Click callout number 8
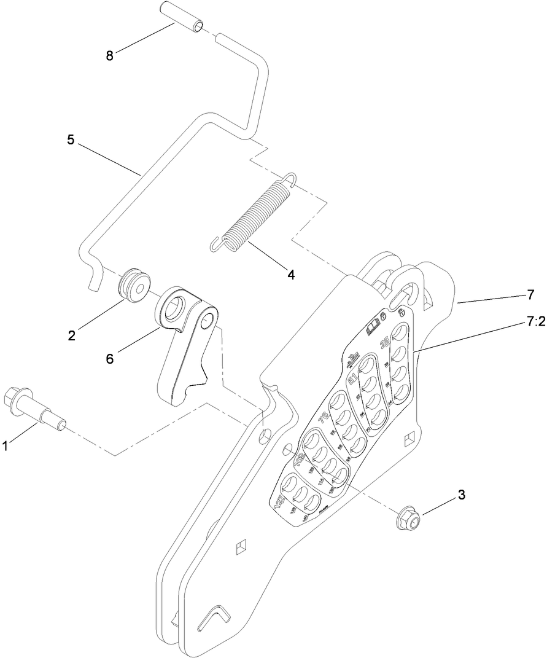pos(110,55)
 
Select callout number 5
pos(71,140)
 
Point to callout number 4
pos(292,275)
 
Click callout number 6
pos(110,358)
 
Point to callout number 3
pos(460,494)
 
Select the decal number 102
pos(300,460)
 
